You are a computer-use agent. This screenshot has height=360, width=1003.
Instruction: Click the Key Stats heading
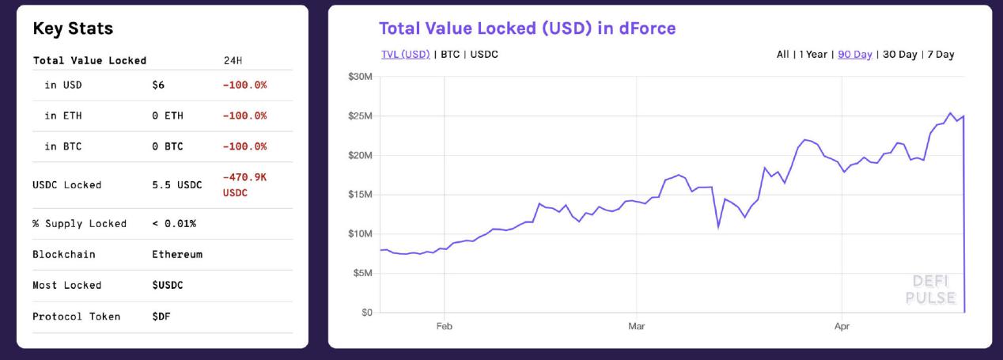click(73, 29)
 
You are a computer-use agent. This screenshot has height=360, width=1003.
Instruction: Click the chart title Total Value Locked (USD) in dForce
click(527, 28)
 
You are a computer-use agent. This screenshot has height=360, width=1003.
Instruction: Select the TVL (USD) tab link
click(405, 55)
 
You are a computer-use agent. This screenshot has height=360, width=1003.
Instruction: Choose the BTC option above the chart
click(450, 55)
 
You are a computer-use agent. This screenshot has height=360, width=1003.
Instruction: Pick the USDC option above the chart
click(484, 55)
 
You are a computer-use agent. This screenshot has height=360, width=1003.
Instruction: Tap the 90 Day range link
click(854, 55)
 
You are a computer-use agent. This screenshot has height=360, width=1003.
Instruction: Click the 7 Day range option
click(941, 55)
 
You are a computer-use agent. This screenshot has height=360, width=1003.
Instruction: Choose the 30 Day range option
click(899, 55)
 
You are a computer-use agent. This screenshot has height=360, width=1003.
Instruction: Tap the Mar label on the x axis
click(636, 326)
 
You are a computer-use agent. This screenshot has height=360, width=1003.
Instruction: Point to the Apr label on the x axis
click(842, 326)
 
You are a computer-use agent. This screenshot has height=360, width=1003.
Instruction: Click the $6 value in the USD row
click(158, 85)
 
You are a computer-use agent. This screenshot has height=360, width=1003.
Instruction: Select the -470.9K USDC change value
click(244, 185)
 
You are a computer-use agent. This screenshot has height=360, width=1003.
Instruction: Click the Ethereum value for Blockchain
click(177, 255)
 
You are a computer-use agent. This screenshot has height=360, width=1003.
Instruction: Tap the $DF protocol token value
click(161, 316)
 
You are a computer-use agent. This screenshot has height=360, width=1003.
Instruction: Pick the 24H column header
click(234, 60)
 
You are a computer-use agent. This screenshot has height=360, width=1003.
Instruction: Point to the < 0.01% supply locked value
click(174, 224)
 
